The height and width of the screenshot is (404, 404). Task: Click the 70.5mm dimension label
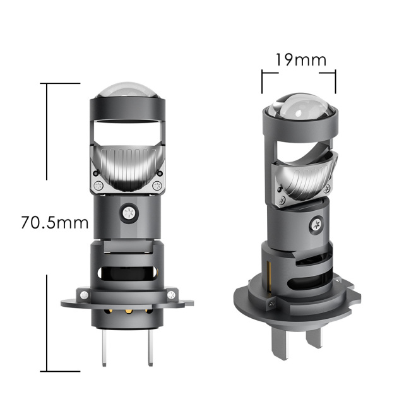[54, 223]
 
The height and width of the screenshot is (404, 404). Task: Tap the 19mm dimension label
[300, 60]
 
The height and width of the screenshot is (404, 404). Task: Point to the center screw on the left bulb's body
[129, 212]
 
